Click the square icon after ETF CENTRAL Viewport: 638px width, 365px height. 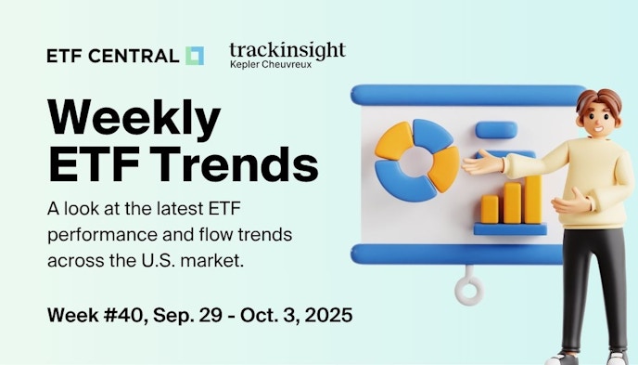point(194,56)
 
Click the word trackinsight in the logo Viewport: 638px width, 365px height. point(287,48)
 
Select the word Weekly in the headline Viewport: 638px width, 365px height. point(134,119)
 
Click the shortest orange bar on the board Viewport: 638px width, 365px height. point(489,209)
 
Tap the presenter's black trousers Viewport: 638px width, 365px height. point(593,297)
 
